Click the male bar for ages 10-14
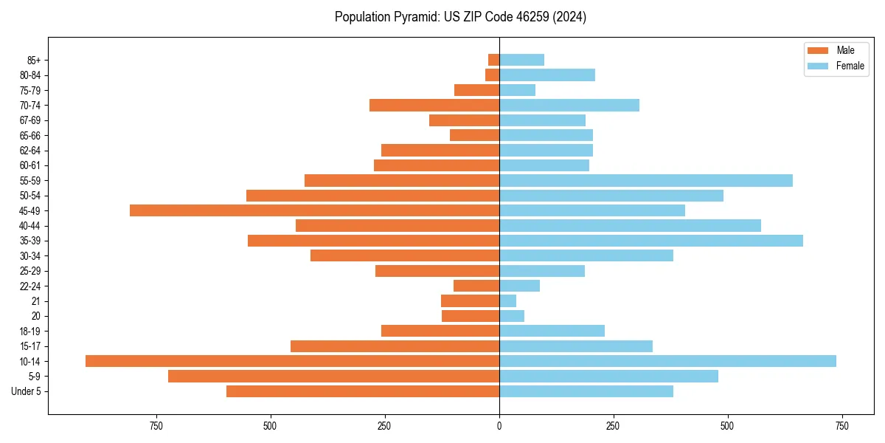pos(292,361)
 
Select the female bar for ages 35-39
pos(650,241)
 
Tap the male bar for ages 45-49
pos(314,210)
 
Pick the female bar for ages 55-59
pos(645,180)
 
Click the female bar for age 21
pos(507,301)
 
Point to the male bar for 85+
pos(493,60)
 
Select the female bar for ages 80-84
pos(546,75)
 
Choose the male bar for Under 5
pos(362,391)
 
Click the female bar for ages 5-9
pos(608,376)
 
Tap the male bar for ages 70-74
pos(434,105)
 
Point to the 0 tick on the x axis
pos(499,426)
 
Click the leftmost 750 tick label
pos(156,426)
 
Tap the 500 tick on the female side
pos(727,426)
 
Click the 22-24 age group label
pos(31,286)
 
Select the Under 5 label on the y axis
pos(27,391)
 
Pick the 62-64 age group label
pos(31,150)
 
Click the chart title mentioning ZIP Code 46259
pos(460,17)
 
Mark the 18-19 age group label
pos(31,331)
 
